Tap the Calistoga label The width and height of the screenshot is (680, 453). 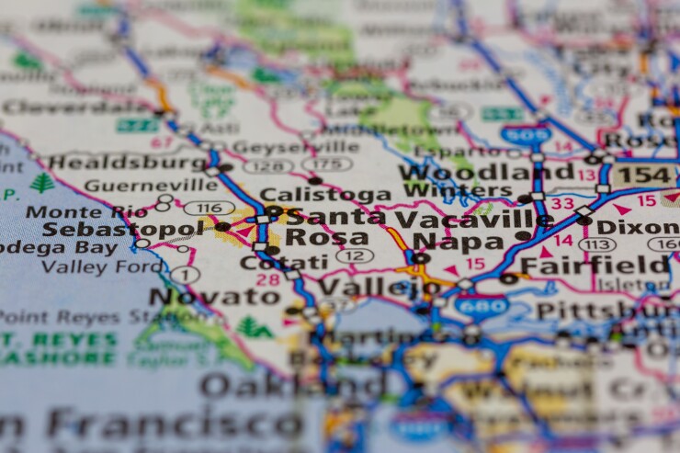[312, 195]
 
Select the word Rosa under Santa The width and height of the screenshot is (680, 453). [314, 237]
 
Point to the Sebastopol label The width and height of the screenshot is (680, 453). [122, 229]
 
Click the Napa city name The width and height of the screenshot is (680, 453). [446, 241]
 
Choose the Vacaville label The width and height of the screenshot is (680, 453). [473, 219]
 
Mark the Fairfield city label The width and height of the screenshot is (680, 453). [595, 266]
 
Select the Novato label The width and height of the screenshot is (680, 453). [214, 296]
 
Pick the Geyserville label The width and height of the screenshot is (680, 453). [295, 147]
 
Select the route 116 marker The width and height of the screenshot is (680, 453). [209, 208]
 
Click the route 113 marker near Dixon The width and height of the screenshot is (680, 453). [597, 243]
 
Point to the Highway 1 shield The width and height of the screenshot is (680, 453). [185, 274]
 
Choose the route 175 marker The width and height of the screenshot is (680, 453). [327, 164]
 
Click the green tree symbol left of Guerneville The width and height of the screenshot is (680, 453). [42, 183]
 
